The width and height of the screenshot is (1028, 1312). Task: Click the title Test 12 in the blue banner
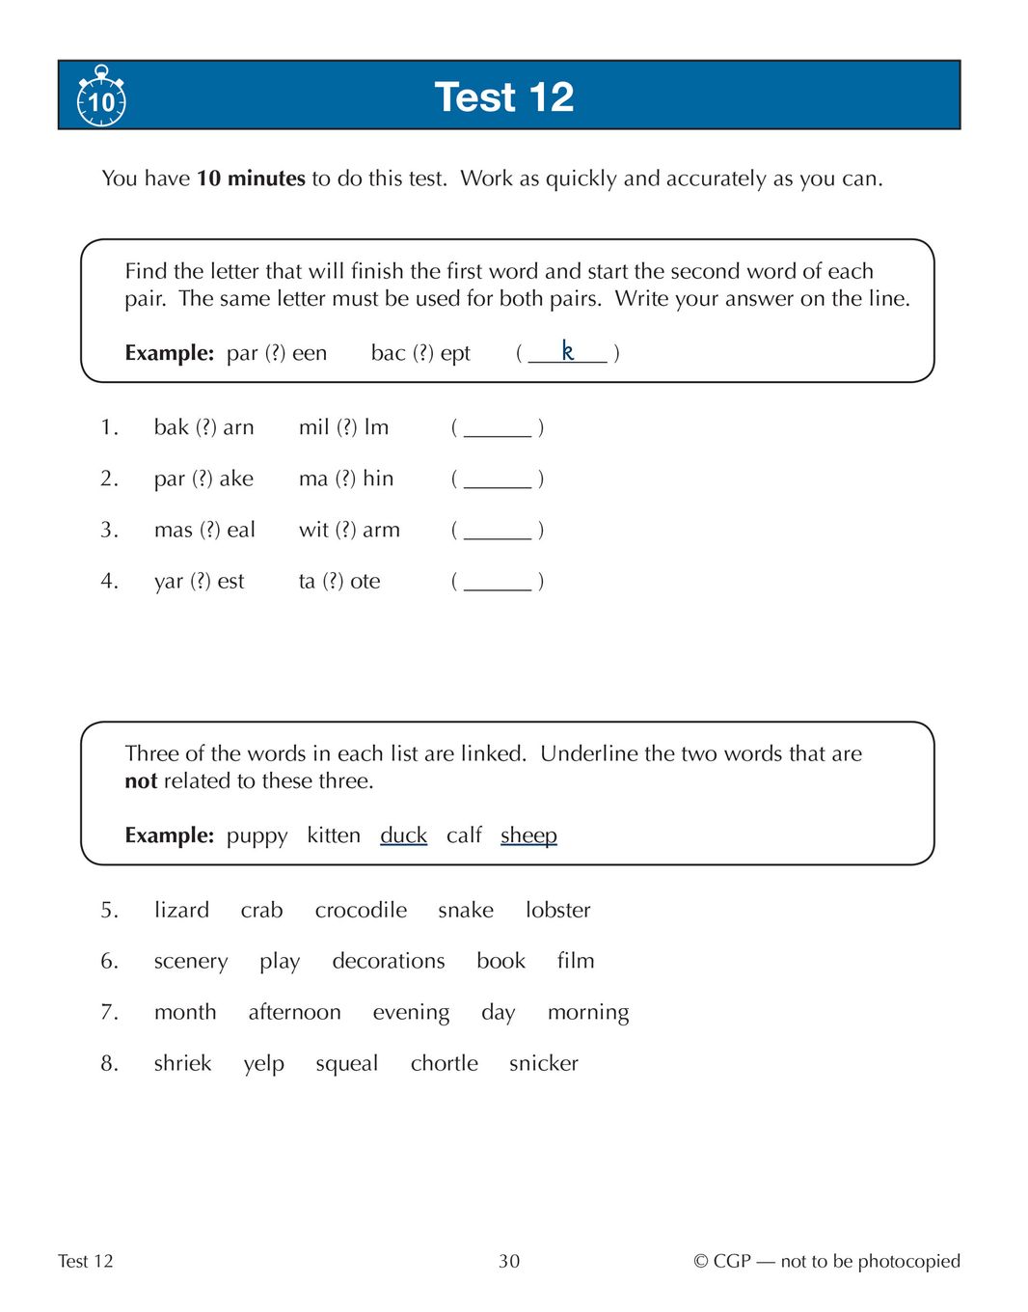(x=503, y=96)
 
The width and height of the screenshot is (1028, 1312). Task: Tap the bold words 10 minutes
(x=251, y=178)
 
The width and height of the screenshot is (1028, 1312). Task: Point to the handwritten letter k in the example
(x=568, y=351)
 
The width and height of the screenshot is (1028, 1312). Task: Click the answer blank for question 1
(x=498, y=428)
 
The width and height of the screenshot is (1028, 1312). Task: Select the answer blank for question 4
(x=498, y=582)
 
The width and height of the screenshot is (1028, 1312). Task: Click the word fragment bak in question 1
(x=172, y=427)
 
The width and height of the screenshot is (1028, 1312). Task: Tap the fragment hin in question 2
(x=378, y=478)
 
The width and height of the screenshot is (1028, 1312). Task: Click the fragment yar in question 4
(x=168, y=582)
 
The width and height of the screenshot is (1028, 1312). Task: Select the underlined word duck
(x=403, y=835)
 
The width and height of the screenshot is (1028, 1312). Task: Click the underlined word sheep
(x=528, y=835)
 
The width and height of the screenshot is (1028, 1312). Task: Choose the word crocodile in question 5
(x=361, y=910)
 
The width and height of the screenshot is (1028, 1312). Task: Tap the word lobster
(x=557, y=910)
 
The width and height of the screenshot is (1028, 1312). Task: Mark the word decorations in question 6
(x=389, y=961)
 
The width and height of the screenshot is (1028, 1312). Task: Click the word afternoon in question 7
(x=294, y=1012)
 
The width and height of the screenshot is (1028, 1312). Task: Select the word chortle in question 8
(x=444, y=1063)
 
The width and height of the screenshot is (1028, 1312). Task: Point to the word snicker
(x=544, y=1063)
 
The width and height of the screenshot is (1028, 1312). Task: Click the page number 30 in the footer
(x=509, y=1261)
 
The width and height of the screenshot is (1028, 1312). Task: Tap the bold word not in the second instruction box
(x=141, y=781)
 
